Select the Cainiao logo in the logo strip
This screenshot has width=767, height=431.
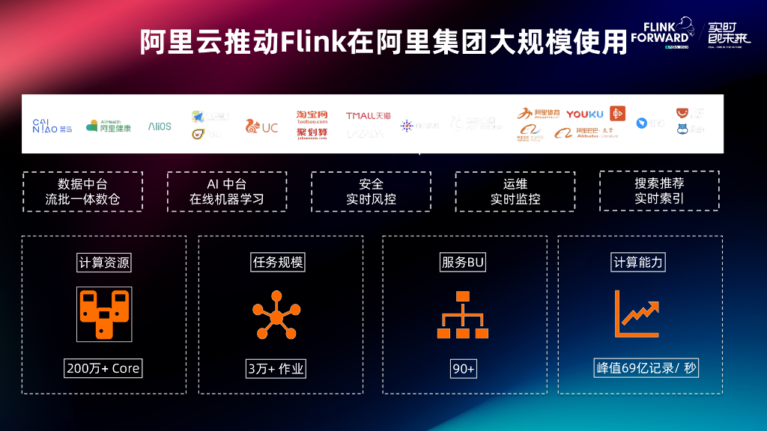(52, 126)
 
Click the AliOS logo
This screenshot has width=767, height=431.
(160, 126)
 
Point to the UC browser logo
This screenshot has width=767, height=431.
(261, 127)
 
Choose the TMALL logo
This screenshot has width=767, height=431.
(368, 116)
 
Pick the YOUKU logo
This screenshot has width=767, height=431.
(584, 114)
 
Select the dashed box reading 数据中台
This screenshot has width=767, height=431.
(82, 192)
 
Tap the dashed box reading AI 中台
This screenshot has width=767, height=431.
(226, 192)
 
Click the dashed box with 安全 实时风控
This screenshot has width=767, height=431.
(371, 192)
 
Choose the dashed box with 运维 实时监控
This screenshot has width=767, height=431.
(515, 192)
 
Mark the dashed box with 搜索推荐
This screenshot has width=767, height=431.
(659, 191)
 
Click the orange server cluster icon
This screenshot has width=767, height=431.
(103, 313)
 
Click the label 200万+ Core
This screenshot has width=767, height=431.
(103, 368)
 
